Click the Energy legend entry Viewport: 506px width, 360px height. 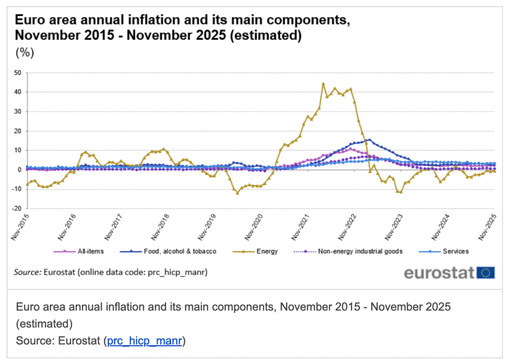(255, 251)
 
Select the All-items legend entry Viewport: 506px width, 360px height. (79, 251)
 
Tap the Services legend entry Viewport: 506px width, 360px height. (444, 251)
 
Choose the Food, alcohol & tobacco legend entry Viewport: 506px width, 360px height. (168, 251)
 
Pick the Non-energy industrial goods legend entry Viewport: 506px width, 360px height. (348, 251)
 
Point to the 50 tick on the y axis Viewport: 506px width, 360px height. (18, 73)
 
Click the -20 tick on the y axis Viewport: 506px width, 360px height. (17, 208)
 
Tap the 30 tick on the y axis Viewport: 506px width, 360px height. (18, 112)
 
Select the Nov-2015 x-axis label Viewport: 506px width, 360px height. (20, 227)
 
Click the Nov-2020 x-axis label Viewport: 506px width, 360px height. (253, 227)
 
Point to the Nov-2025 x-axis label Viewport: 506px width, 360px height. (487, 227)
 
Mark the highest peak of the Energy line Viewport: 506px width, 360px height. (323, 83)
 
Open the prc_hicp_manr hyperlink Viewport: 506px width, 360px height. (145, 341)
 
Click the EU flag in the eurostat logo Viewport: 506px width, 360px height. (485, 273)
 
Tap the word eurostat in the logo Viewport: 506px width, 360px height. (439, 273)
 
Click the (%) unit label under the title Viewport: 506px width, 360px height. (25, 52)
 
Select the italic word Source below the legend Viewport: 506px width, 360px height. (27, 272)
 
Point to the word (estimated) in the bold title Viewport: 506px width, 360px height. (265, 36)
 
